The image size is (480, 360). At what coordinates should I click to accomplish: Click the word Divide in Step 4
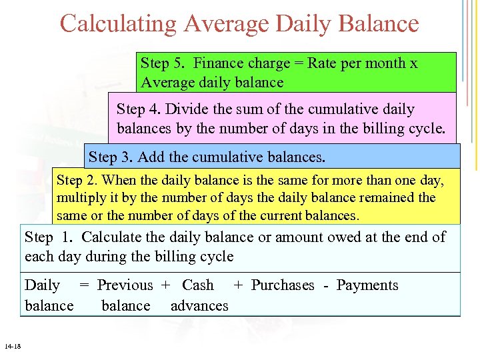(185, 109)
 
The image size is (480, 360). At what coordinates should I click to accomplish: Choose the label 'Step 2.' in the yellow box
(77, 181)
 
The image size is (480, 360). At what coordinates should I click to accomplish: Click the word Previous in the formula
(125, 285)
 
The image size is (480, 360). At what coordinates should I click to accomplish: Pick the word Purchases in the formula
(282, 285)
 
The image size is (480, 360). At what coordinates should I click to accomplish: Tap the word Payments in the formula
(367, 285)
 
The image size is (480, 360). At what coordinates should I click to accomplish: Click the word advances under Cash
(199, 306)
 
